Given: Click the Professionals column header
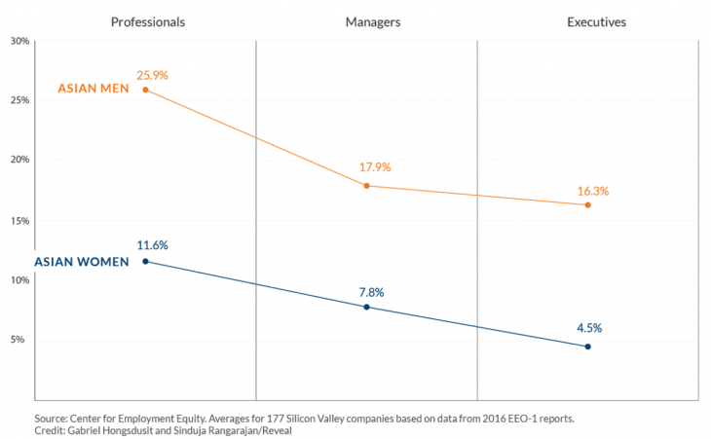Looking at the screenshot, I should click(x=147, y=20).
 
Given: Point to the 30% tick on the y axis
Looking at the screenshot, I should click(x=19, y=41).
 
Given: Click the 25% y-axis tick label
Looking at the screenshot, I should click(x=19, y=100).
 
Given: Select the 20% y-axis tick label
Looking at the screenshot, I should click(x=19, y=161).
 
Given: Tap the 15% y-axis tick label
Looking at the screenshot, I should click(x=19, y=220).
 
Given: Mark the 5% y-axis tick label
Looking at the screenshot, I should click(x=22, y=340).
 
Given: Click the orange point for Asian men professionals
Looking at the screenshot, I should click(x=146, y=90).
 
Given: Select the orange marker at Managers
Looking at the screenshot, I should click(x=366, y=185).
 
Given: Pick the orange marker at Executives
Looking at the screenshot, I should click(x=587, y=204).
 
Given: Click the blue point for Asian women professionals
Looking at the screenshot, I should click(x=146, y=261).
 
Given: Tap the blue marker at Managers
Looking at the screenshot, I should click(x=366, y=307).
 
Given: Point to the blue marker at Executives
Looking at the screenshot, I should click(x=587, y=347).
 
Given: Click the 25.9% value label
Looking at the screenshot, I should click(x=153, y=74).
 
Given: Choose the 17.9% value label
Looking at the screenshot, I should click(x=374, y=167).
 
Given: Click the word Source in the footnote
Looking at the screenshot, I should click(x=53, y=417).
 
